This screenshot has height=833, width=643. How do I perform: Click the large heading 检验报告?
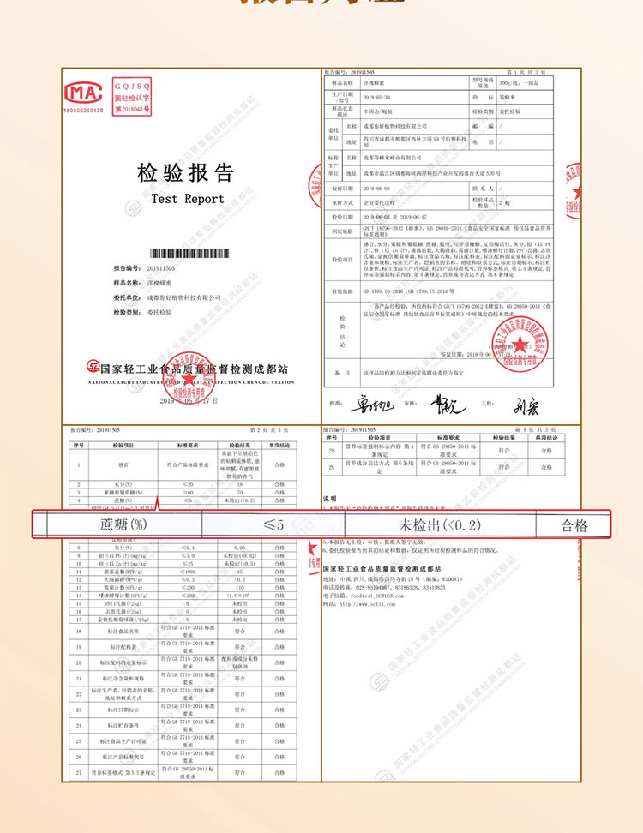coord(186,174)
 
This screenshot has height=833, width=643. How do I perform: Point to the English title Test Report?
coord(187,199)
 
